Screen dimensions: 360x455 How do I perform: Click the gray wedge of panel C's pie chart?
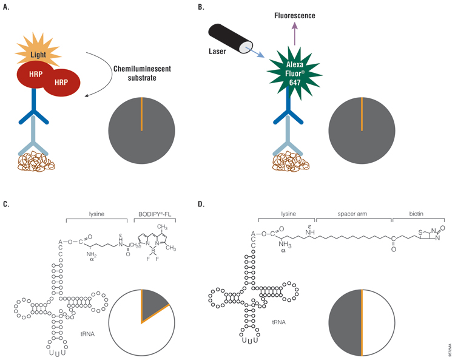tap(154, 302)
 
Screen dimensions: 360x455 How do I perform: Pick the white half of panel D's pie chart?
tap(379, 322)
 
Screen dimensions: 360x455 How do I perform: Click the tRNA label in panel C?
tap(89, 316)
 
